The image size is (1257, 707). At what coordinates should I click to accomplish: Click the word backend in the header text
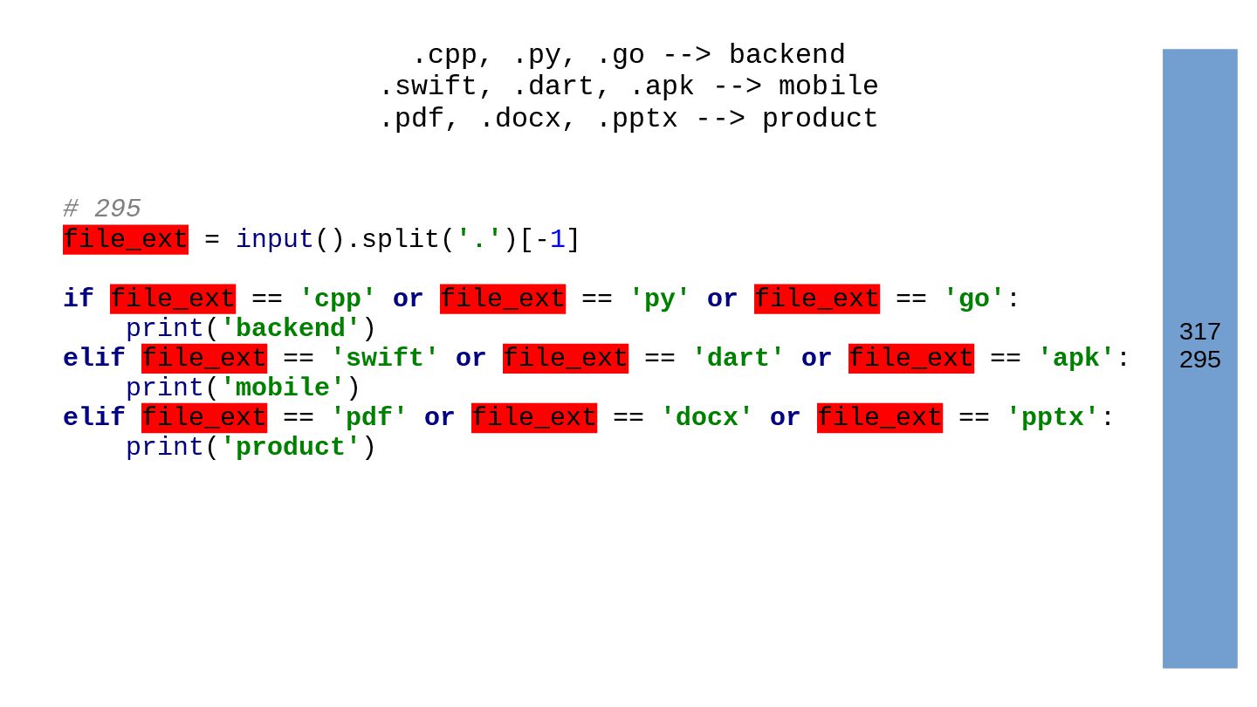point(786,55)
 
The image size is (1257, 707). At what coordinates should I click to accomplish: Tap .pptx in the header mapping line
point(636,119)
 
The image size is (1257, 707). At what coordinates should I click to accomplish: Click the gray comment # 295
point(101,209)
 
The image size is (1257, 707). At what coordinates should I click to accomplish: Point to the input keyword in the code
point(274,239)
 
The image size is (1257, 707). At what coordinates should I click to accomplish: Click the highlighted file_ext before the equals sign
point(126,239)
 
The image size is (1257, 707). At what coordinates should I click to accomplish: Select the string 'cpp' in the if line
point(337,299)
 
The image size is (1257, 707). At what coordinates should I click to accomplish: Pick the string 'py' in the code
point(659,299)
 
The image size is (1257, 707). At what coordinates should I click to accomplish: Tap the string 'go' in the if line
point(973,299)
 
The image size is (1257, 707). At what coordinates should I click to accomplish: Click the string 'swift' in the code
point(384,358)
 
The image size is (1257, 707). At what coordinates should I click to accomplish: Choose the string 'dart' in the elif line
point(738,358)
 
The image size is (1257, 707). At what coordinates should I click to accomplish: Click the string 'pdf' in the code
point(368,417)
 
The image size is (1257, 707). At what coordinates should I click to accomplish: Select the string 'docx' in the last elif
point(706,417)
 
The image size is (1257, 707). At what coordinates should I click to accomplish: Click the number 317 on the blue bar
point(1199,332)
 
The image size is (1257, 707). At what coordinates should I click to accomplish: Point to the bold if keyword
point(78,299)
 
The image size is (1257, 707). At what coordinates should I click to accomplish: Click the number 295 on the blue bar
point(1199,360)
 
